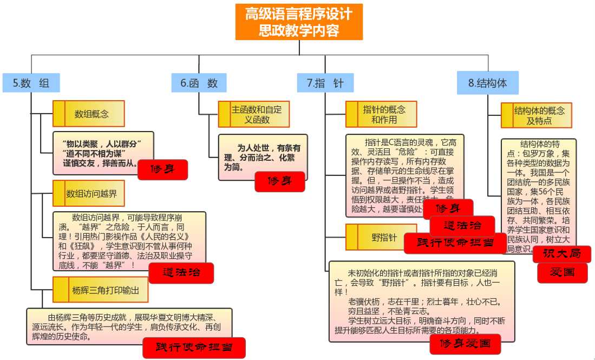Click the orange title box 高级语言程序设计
click(x=299, y=22)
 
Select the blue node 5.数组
click(x=31, y=83)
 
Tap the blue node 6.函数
click(x=199, y=83)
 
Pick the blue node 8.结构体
click(x=487, y=83)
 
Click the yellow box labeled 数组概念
click(x=89, y=114)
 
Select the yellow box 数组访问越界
click(x=89, y=193)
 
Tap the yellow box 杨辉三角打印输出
click(x=101, y=290)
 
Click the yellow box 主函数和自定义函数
click(x=253, y=114)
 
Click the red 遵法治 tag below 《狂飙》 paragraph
click(x=181, y=272)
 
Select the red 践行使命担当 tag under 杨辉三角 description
click(x=194, y=348)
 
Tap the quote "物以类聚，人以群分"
click(x=101, y=143)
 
